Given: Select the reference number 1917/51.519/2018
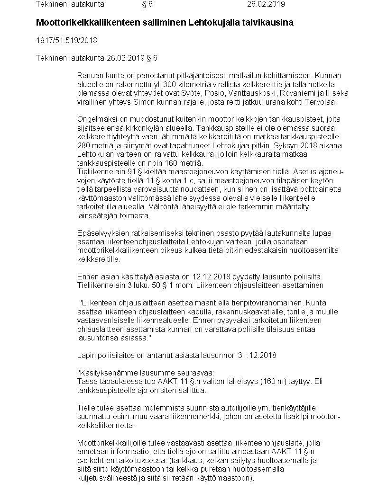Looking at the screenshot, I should [66, 40].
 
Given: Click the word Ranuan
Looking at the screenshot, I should [89, 75].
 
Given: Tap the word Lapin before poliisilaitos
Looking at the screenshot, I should [85, 355].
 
